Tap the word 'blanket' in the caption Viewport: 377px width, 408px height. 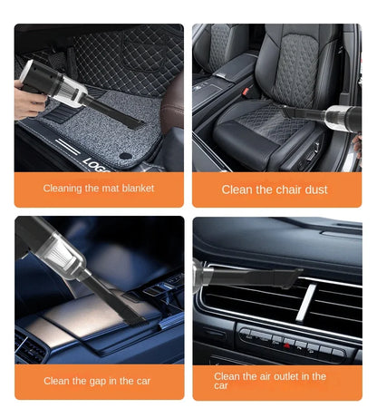pyautogui.click(x=135, y=189)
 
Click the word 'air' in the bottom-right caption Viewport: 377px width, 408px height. pyautogui.click(x=256, y=375)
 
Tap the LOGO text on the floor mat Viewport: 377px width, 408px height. pyautogui.click(x=96, y=160)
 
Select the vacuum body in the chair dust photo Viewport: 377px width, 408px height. pyautogui.click(x=343, y=119)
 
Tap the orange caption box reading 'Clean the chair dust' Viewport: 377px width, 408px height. pyautogui.click(x=276, y=189)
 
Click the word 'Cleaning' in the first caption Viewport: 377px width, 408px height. pyautogui.click(x=63, y=189)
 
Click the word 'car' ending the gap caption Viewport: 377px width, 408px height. pyautogui.click(x=142, y=381)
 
